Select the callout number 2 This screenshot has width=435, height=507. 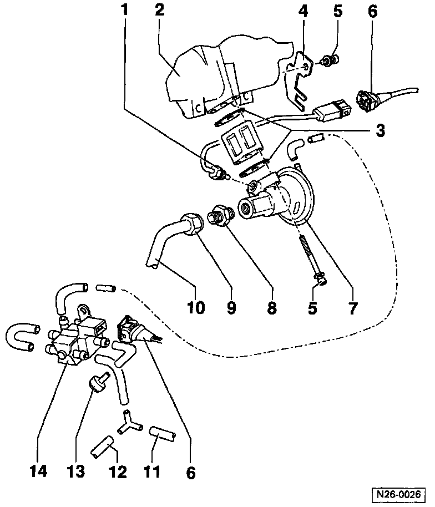160,10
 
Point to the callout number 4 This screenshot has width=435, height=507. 304,11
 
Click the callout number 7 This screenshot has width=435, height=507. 353,307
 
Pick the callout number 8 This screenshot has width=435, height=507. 271,307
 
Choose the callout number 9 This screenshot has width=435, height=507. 232,307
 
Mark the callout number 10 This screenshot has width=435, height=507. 196,307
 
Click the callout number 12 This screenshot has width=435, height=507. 118,472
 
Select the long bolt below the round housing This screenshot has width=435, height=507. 311,255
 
